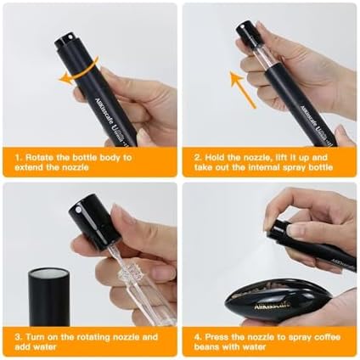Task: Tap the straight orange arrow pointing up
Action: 243,89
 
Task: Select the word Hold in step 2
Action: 214,157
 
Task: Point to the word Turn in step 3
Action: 35,337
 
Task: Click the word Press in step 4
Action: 217,337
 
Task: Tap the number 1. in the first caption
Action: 18,157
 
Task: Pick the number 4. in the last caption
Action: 198,337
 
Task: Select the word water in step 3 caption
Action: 45,346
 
